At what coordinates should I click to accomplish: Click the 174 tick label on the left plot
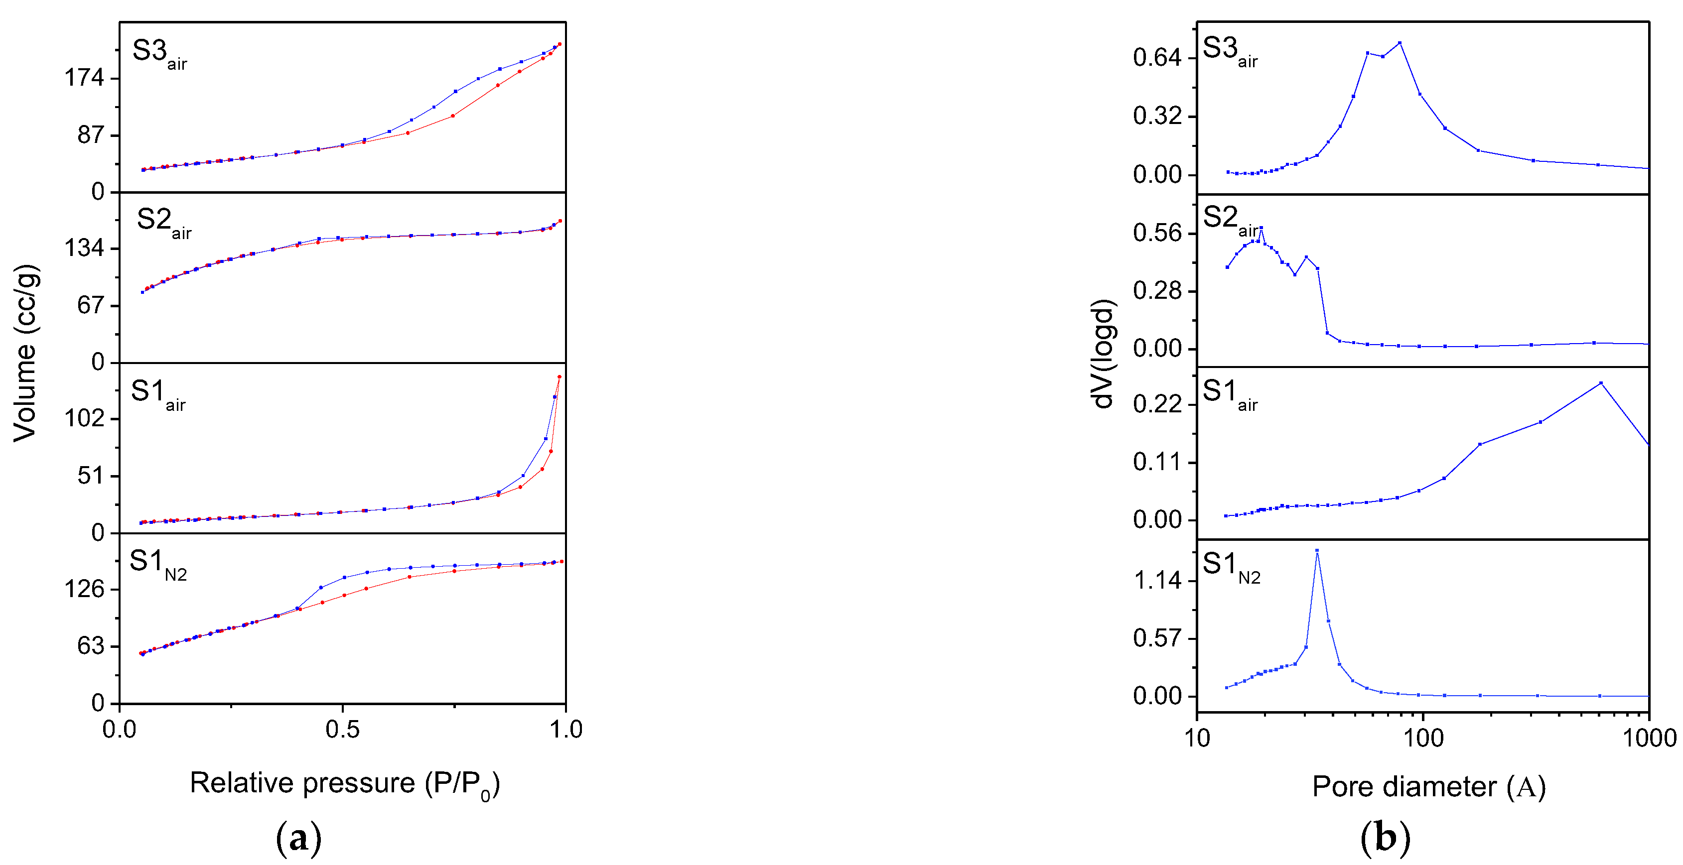(84, 78)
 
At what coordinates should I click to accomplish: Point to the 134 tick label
(84, 248)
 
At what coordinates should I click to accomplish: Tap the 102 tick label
(84, 418)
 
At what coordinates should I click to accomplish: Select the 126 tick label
(84, 590)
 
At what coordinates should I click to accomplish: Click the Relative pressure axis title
(344, 783)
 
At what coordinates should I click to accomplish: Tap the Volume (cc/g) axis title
(25, 353)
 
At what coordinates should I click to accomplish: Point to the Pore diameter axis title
(1429, 787)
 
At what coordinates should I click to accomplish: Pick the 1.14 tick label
(1157, 580)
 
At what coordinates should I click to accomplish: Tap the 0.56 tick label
(1157, 233)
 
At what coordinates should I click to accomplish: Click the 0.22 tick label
(1157, 405)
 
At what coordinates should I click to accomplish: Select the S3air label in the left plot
(159, 52)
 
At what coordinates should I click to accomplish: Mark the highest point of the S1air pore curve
(1601, 383)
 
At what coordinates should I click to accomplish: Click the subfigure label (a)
(298, 838)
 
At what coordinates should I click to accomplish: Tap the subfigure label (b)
(1385, 838)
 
